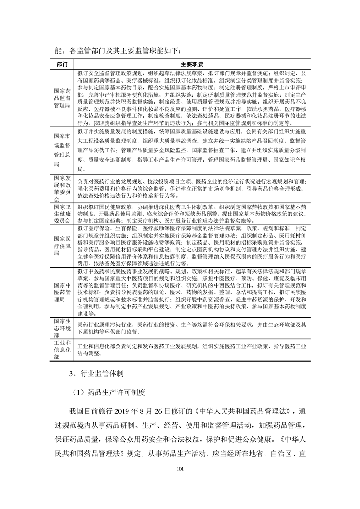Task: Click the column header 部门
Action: (x=62, y=64)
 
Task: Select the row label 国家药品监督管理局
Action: (x=62, y=97)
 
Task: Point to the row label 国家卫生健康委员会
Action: (x=62, y=213)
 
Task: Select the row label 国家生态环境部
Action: (x=62, y=328)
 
